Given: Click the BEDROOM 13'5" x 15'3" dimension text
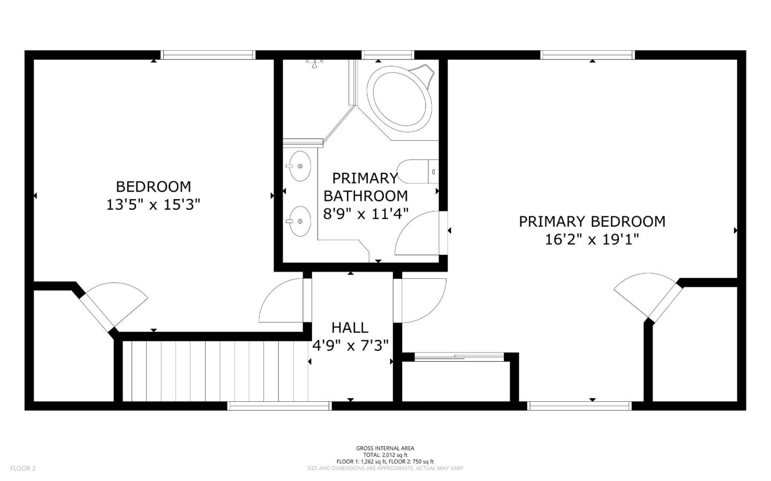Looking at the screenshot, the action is point(153,205).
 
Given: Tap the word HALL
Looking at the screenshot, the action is point(350,327).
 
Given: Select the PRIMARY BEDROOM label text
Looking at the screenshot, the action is point(592,222).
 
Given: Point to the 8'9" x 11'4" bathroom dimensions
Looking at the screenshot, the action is point(366,213).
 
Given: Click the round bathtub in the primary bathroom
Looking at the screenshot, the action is point(399,98).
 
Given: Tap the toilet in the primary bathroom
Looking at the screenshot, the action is point(418,171).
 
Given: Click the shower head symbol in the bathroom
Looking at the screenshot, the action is point(314,63).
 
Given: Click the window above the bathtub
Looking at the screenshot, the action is point(388,55).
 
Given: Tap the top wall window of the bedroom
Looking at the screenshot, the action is point(208,55).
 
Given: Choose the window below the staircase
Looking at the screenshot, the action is point(279,406).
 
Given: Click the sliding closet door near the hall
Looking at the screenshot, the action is point(459,356).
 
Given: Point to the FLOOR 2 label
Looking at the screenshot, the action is point(22,468).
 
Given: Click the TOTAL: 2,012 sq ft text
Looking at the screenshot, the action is point(385,455).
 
